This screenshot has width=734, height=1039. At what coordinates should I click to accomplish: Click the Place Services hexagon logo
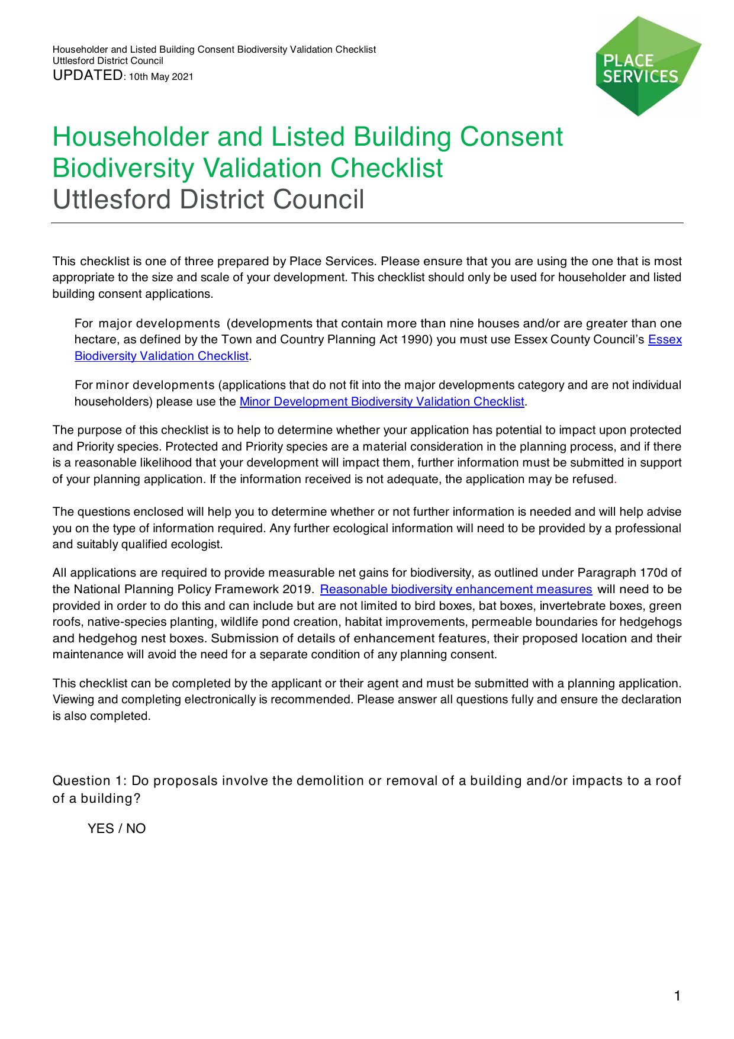pos(648,66)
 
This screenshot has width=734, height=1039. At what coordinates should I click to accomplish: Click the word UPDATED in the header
pos(88,75)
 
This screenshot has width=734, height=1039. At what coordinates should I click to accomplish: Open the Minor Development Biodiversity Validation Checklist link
pos(382,402)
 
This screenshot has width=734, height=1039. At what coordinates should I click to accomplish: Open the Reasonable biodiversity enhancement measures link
pos(456,590)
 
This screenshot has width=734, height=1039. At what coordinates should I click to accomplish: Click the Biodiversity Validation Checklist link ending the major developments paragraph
pos(162,356)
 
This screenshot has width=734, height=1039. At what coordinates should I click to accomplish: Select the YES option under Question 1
pos(101,829)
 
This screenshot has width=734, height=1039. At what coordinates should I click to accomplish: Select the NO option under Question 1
pos(136,829)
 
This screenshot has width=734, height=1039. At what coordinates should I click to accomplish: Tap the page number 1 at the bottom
pos(677,996)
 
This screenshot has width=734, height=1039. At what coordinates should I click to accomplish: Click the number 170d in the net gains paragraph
pos(654,573)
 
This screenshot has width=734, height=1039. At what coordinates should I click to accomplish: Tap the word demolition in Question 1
pos(331,781)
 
